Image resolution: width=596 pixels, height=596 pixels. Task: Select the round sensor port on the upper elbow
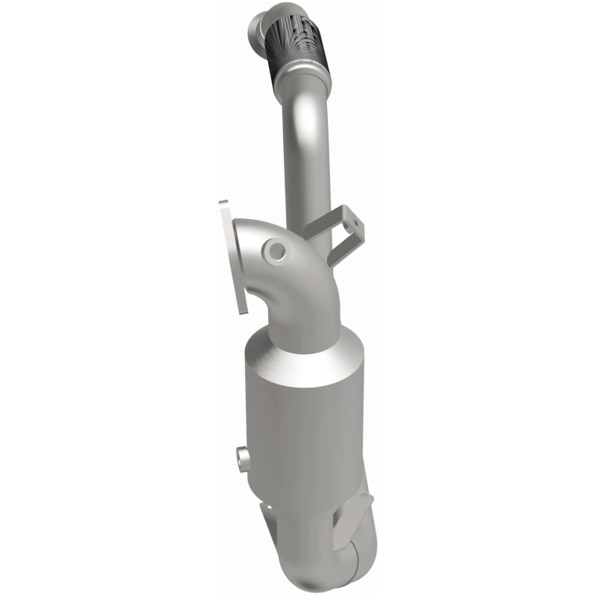(x=277, y=252)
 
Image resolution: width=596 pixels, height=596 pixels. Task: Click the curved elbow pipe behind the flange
(x=298, y=276)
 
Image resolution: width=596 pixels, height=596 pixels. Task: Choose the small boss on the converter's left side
(x=240, y=455)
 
